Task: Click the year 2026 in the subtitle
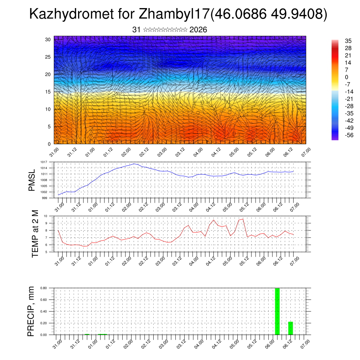[198, 30]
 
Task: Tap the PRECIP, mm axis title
[32, 311]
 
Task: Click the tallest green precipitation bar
[277, 311]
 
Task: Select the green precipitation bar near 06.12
[290, 328]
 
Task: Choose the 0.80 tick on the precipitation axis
[44, 288]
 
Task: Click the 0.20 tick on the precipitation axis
[44, 323]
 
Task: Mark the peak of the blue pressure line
[134, 164]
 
